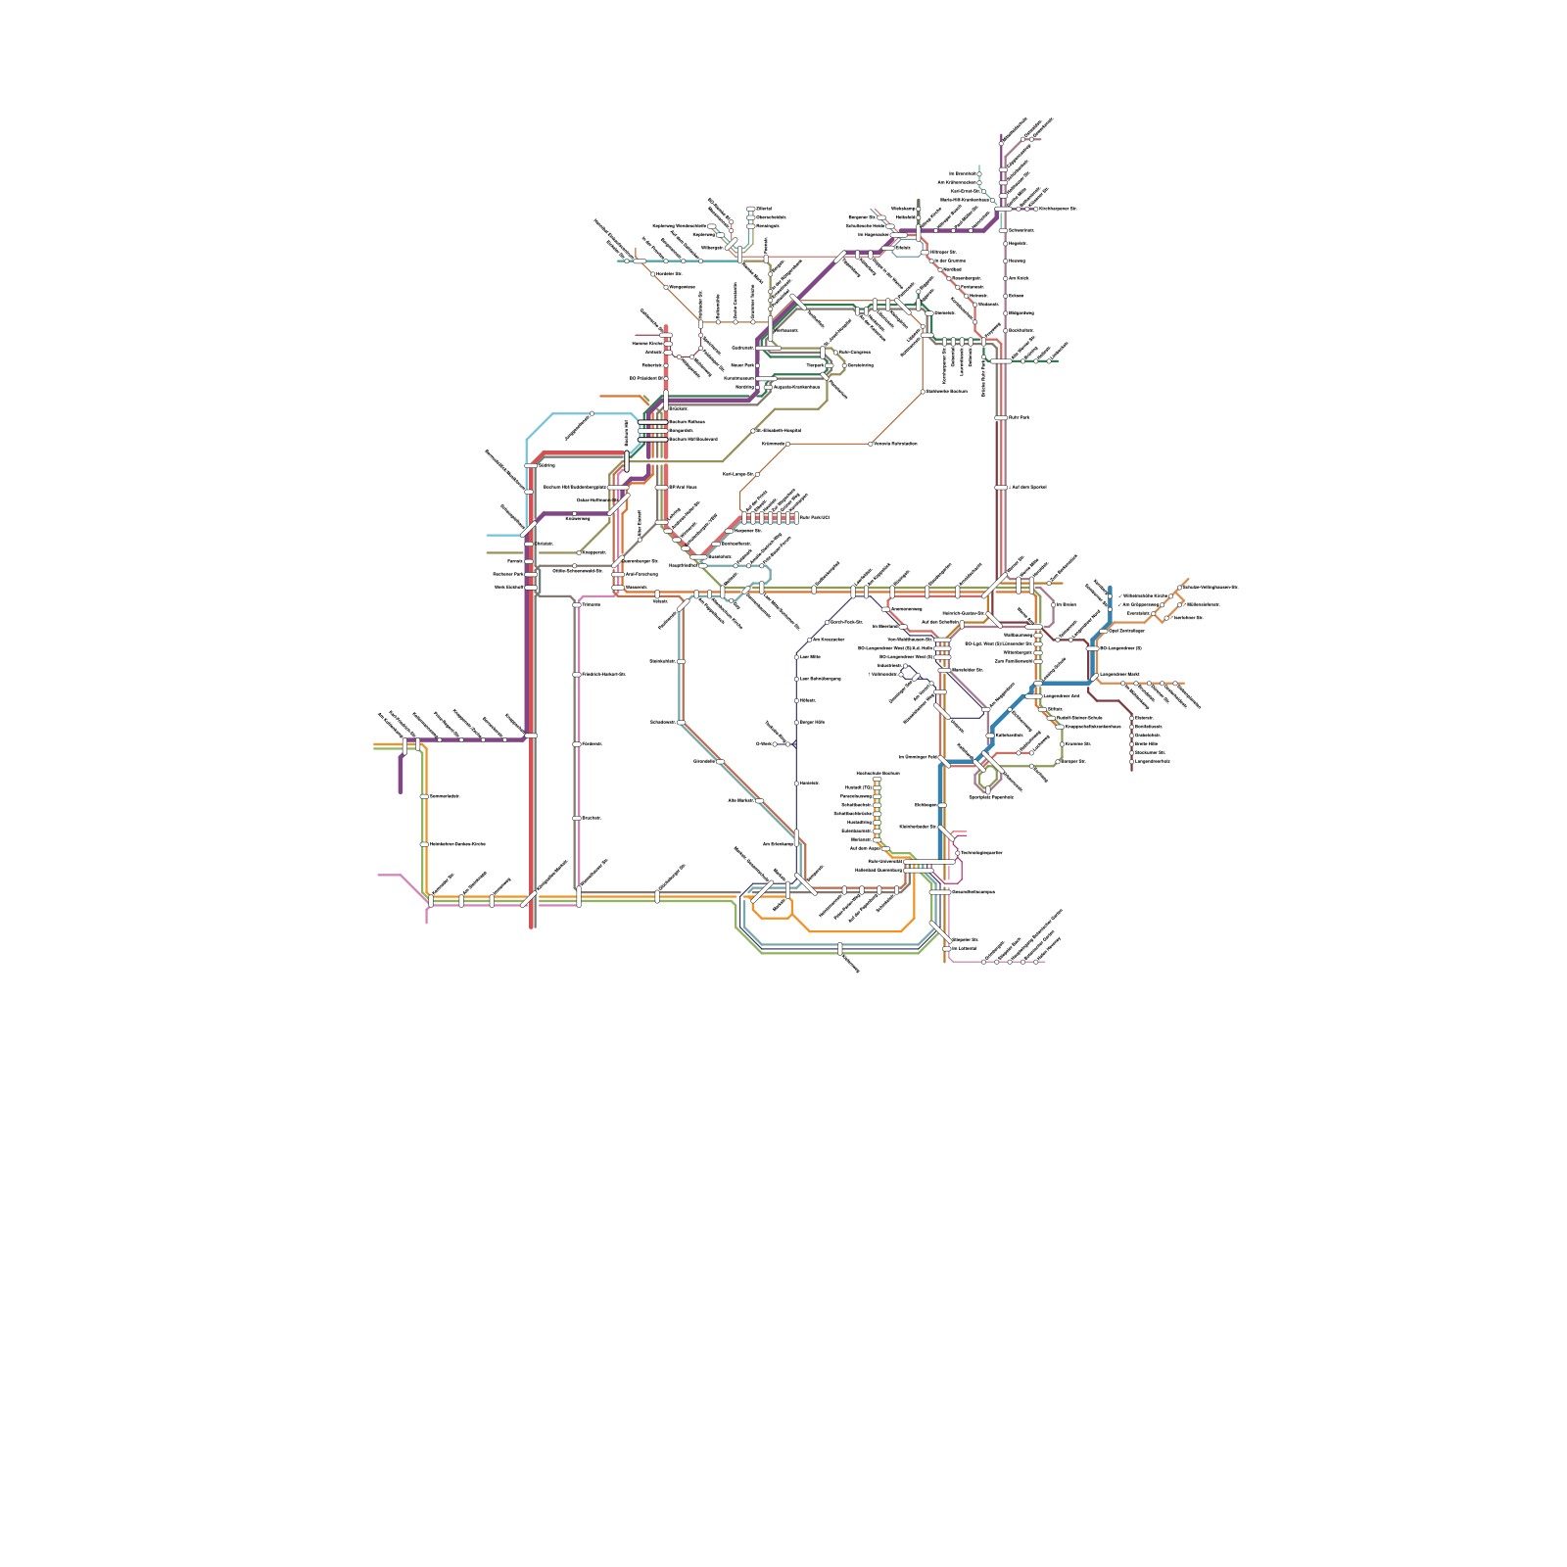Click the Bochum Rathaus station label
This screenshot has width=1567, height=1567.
point(687,422)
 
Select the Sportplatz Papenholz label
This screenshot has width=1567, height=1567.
point(990,797)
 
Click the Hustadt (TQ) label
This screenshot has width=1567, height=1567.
point(859,787)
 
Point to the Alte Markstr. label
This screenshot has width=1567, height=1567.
point(739,800)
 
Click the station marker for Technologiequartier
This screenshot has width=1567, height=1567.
point(957,853)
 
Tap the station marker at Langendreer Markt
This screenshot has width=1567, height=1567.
point(1097,675)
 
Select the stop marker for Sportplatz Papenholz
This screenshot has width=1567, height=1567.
point(987,789)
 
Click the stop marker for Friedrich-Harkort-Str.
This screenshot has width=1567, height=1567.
point(576,675)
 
